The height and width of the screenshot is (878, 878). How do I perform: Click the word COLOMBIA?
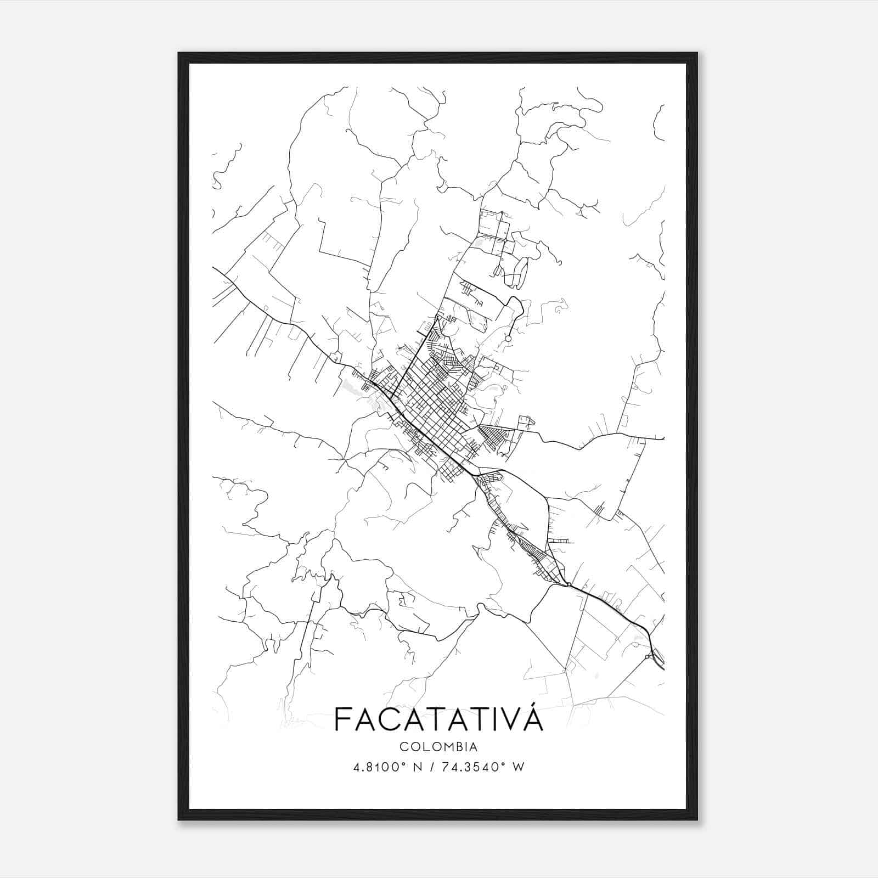tap(438, 747)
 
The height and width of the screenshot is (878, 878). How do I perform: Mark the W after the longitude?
tap(517, 767)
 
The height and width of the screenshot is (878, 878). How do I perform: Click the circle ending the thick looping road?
tap(508, 339)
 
